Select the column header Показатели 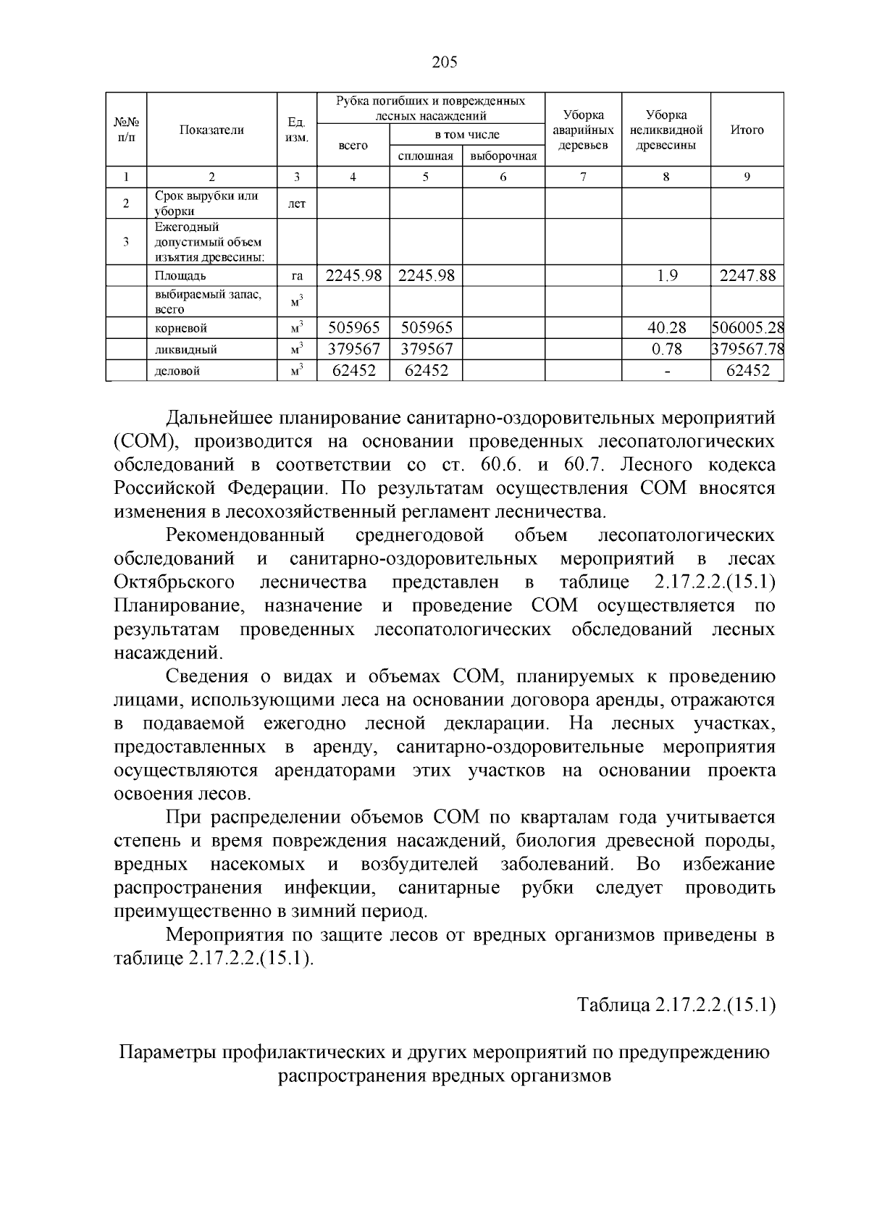(211, 130)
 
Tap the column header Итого (747, 130)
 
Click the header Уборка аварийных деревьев (583, 130)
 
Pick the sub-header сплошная (426, 156)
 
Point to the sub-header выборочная (503, 156)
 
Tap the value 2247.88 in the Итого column (747, 275)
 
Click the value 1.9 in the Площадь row (666, 275)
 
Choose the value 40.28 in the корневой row (666, 328)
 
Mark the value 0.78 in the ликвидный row (666, 349)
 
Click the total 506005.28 (747, 328)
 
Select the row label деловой (177, 371)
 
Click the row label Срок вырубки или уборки (206, 204)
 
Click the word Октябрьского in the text (174, 582)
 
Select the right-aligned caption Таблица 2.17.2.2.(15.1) (676, 1005)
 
